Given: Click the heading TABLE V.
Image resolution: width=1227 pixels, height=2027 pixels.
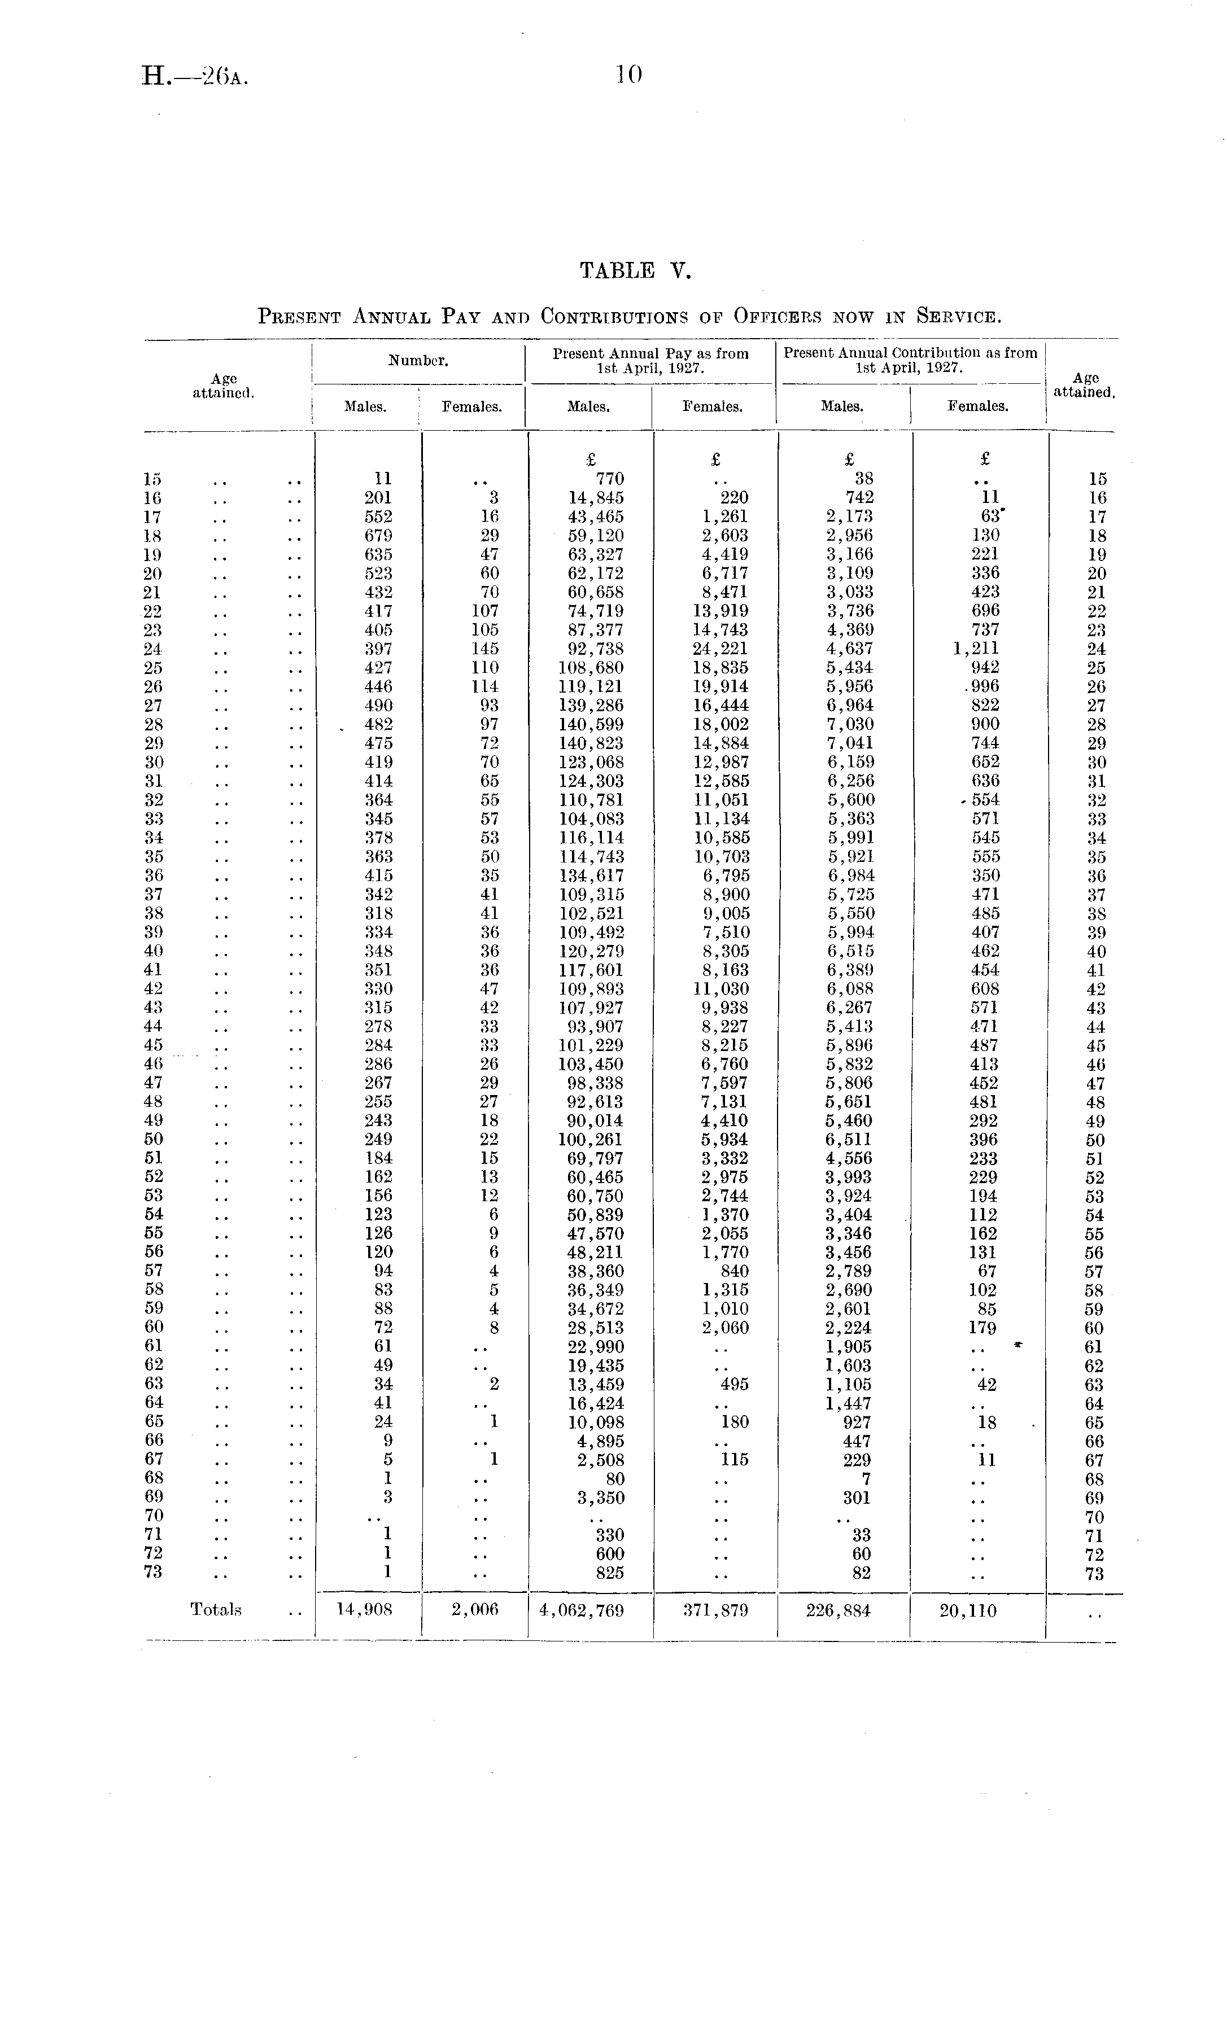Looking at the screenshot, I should click(x=635, y=270).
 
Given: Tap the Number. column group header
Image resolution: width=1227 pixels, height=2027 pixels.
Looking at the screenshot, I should click(x=418, y=360).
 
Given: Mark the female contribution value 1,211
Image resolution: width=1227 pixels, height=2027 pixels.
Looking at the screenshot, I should click(x=977, y=649).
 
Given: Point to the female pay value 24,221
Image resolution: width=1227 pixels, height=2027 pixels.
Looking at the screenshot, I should click(x=720, y=649).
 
